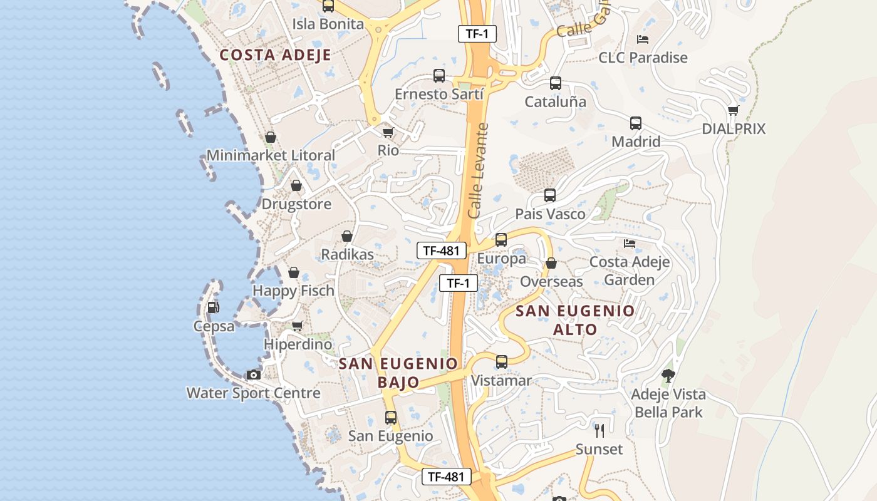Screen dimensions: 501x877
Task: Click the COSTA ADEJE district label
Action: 275,55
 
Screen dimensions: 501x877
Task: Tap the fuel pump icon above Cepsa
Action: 213,307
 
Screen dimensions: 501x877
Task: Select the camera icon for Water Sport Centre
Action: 253,374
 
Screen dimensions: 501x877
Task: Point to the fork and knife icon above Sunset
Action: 599,430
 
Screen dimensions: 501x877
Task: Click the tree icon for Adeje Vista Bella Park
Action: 668,376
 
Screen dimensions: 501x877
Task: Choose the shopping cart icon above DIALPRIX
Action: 734,111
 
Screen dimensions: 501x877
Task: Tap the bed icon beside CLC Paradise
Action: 642,39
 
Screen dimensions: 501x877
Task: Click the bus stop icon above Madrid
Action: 636,123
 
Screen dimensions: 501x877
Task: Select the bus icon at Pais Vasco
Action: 550,195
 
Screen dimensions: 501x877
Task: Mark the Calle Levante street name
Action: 478,170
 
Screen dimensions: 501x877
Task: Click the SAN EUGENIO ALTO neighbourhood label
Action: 575,319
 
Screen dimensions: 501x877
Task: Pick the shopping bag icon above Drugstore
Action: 296,186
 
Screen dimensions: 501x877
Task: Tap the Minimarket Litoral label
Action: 271,155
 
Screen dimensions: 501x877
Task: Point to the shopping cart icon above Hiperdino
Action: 298,326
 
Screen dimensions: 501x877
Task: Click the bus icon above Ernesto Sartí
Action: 439,76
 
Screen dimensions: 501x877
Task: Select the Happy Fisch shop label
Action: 293,291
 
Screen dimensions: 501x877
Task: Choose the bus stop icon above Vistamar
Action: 502,362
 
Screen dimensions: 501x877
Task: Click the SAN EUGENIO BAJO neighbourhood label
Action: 398,373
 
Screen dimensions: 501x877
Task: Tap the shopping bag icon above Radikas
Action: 346,236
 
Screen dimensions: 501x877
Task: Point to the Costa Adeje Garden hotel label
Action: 630,271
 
